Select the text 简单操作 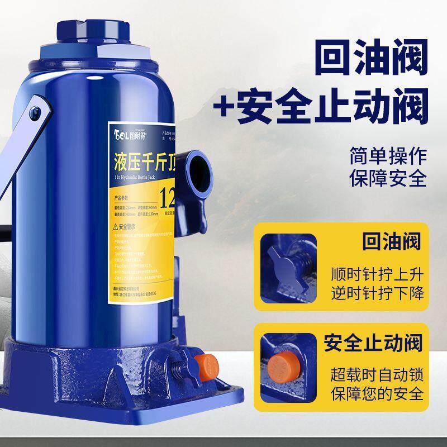point(388,154)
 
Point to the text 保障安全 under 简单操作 point(388,179)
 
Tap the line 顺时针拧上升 point(385,274)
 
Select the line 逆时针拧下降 point(385,294)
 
